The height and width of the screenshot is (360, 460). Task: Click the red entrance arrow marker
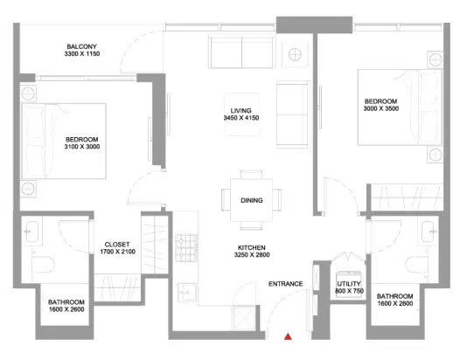click(x=288, y=336)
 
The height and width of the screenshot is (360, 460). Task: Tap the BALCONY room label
click(x=82, y=46)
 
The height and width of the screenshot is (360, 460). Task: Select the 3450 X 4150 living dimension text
click(x=241, y=118)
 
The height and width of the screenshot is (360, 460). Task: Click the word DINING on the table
click(x=251, y=200)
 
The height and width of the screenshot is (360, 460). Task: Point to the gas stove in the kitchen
click(x=186, y=248)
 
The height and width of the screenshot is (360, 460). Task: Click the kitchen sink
click(x=187, y=292)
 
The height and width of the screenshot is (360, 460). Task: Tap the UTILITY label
click(x=349, y=284)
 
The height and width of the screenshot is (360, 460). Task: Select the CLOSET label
click(x=117, y=245)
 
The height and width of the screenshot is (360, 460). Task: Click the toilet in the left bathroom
click(x=43, y=265)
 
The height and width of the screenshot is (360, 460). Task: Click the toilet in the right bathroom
click(x=417, y=265)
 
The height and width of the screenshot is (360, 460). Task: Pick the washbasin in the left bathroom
click(x=31, y=232)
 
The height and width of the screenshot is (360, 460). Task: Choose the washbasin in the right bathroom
click(x=428, y=232)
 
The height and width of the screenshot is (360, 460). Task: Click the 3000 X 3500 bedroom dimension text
click(x=381, y=108)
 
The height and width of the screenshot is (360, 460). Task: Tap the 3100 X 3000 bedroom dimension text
click(x=82, y=147)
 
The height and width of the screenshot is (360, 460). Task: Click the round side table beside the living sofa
click(x=295, y=54)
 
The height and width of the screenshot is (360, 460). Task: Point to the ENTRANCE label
click(x=285, y=284)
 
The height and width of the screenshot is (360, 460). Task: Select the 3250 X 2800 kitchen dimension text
click(x=252, y=255)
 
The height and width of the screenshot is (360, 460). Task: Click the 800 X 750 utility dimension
click(x=349, y=291)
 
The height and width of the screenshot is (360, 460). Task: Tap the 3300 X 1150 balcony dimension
click(x=82, y=54)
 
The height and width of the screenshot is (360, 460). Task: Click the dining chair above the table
click(x=251, y=175)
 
